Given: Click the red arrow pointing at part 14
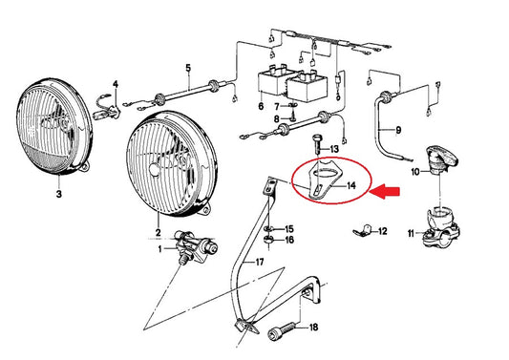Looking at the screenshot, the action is click(x=385, y=192).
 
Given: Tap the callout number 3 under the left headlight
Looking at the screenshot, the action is click(x=59, y=194).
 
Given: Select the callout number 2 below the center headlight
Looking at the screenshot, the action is click(x=159, y=232).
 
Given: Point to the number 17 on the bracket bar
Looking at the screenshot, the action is click(x=260, y=262).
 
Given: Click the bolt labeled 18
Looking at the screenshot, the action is click(x=282, y=330).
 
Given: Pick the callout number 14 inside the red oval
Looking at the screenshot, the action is click(x=350, y=185).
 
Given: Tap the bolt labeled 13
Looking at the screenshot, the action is click(x=317, y=144).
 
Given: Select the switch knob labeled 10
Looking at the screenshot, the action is click(x=442, y=159).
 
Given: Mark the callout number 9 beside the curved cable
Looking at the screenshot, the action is click(x=398, y=130).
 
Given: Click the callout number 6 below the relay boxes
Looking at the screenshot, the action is click(x=261, y=105).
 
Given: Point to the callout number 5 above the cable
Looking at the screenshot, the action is click(x=188, y=69).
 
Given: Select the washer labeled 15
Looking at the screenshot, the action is click(x=267, y=229).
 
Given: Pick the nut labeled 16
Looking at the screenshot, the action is click(x=268, y=241).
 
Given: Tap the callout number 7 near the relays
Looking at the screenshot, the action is click(x=277, y=107).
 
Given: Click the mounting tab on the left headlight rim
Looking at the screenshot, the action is click(x=84, y=167).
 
